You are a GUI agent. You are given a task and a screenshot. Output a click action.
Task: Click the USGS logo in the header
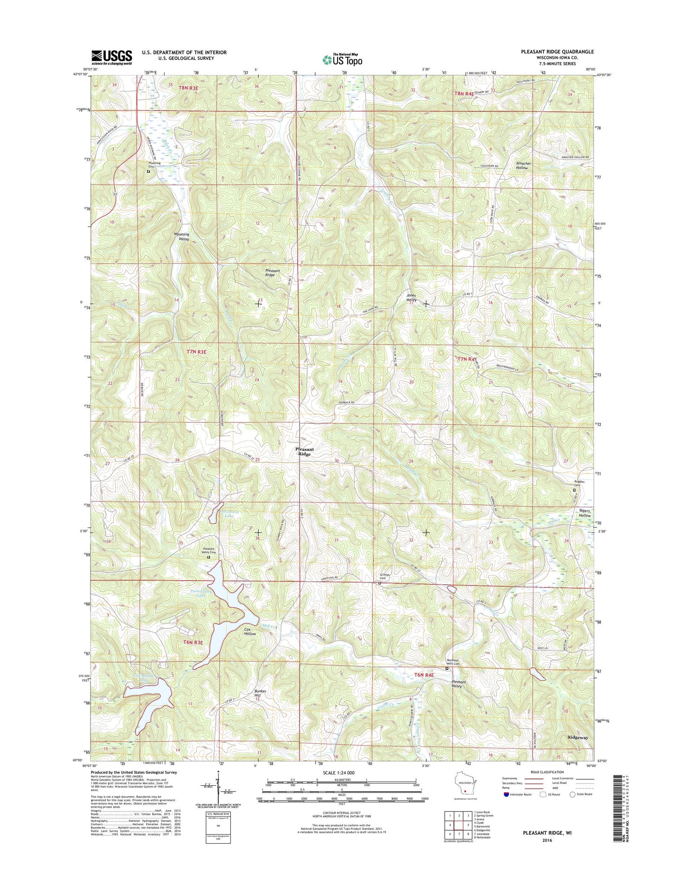(x=111, y=57)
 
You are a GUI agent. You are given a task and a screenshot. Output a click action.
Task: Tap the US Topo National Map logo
(x=342, y=59)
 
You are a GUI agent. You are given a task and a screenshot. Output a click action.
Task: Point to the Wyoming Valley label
(x=181, y=236)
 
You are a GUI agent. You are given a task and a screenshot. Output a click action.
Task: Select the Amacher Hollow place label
(x=523, y=165)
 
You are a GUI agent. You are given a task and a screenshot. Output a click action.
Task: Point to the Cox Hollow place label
(x=250, y=632)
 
